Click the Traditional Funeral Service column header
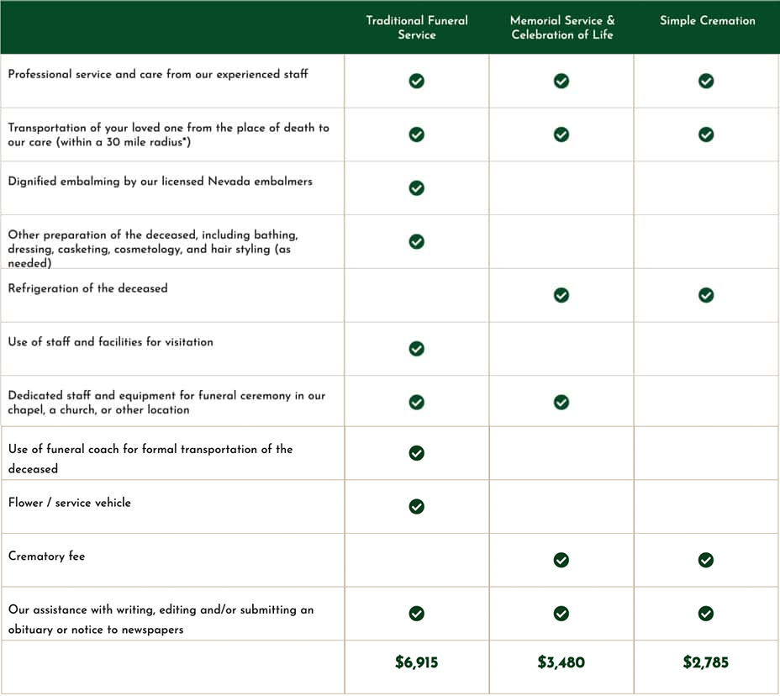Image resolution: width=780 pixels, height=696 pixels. tap(417, 28)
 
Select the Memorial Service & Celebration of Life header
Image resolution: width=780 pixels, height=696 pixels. tap(561, 28)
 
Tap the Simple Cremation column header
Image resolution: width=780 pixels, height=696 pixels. tap(707, 21)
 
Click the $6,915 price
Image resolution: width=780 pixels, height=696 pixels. tap(417, 662)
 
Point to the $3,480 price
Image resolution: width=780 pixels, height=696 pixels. tap(561, 662)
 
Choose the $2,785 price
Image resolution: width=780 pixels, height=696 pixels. tap(706, 662)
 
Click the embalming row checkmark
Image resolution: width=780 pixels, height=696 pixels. tap(416, 187)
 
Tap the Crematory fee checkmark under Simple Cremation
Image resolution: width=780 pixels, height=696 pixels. tap(706, 560)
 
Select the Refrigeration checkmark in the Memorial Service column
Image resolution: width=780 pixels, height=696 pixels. tap(561, 295)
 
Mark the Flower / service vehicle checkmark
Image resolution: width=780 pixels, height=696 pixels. tap(416, 506)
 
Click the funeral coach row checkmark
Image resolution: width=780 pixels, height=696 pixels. tap(416, 453)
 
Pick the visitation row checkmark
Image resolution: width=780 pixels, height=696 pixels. tap(416, 348)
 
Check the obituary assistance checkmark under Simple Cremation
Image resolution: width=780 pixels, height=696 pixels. tap(706, 614)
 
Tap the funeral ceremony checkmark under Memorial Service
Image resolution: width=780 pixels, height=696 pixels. tap(561, 402)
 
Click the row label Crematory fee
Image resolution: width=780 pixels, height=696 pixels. tap(47, 556)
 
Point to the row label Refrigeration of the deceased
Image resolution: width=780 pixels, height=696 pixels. tap(88, 288)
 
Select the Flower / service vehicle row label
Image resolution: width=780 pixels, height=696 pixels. tap(70, 503)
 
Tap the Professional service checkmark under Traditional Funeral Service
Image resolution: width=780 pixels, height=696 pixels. tap(416, 81)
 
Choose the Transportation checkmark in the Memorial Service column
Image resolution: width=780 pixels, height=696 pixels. tap(561, 134)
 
